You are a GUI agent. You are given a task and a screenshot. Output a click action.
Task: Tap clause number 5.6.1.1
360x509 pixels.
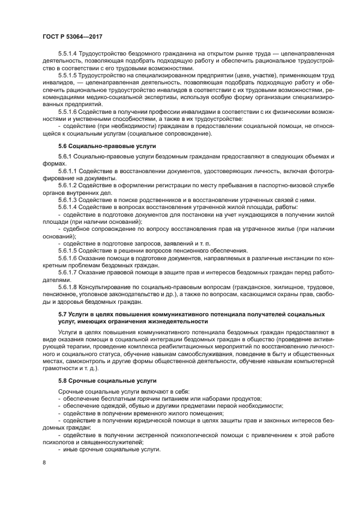pyautogui.click(x=68, y=171)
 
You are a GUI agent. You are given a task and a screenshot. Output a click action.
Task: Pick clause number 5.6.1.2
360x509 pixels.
pyautogui.click(x=68, y=186)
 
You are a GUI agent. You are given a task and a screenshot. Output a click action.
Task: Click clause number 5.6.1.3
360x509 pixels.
pyautogui.click(x=68, y=200)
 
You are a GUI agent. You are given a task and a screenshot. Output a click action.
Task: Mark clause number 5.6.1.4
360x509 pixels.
pyautogui.click(x=68, y=207)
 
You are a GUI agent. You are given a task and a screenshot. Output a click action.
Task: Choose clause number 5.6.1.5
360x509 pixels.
pyautogui.click(x=68, y=250)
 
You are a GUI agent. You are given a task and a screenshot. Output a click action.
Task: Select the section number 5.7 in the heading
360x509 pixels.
pyautogui.click(x=63, y=314)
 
